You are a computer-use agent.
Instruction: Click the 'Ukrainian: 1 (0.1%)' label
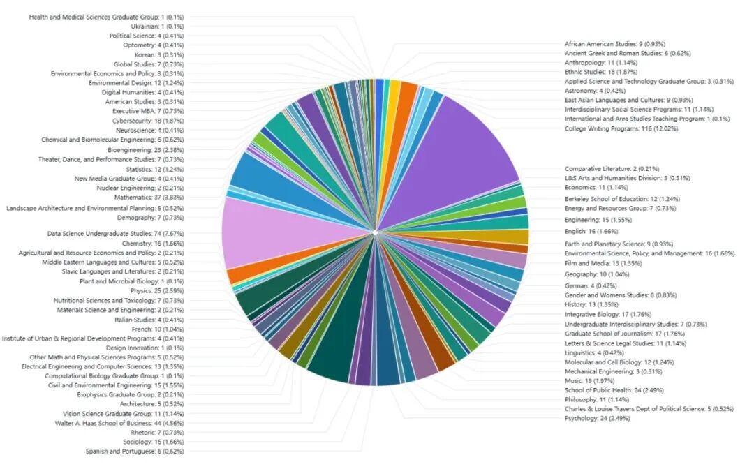(148, 27)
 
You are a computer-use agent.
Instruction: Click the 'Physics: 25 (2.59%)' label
(147, 290)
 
